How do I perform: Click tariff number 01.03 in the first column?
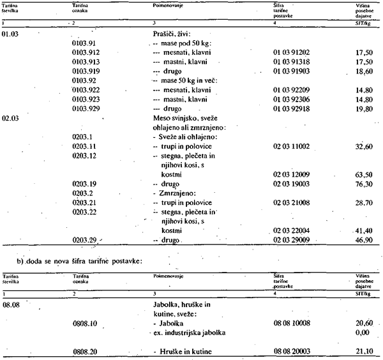pos(11,33)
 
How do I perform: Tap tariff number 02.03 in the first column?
pos(11,118)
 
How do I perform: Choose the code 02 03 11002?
pos(290,146)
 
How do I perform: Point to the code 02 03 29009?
pos(290,240)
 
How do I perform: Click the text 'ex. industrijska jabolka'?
pos(189,333)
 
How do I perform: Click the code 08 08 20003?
pos(290,351)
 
